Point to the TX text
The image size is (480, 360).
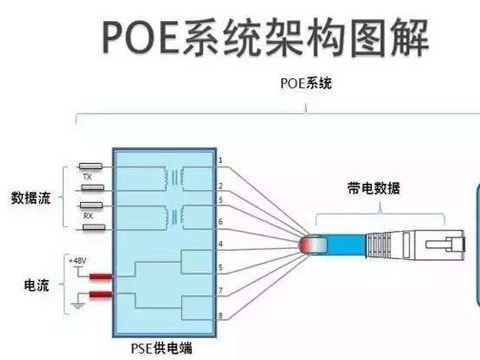tap(87, 177)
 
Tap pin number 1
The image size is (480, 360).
tap(220, 160)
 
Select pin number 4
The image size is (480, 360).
tap(220, 244)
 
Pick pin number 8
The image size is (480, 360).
tap(220, 315)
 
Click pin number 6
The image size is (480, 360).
tap(220, 221)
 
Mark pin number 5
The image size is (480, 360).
tap(220, 268)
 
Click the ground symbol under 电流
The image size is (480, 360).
tap(74, 305)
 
